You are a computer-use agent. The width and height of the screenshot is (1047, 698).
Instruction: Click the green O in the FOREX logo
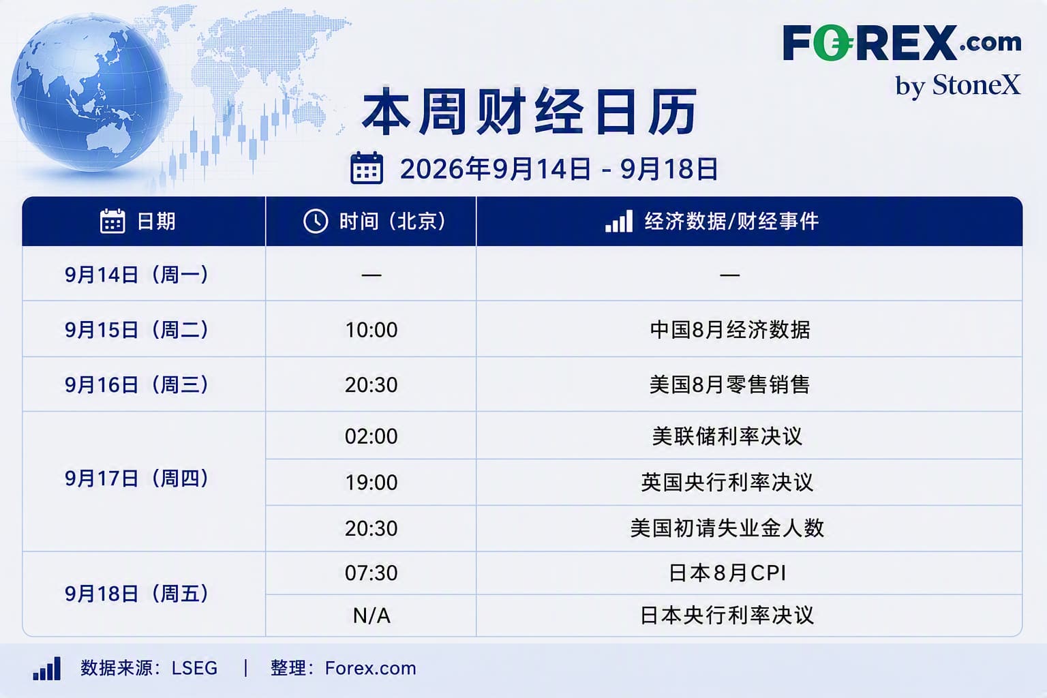[x=832, y=43]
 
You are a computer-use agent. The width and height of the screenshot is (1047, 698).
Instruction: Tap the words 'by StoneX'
[x=958, y=86]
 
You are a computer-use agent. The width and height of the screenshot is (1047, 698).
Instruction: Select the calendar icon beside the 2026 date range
[x=367, y=168]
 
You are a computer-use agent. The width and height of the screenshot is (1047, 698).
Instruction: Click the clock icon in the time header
[x=316, y=221]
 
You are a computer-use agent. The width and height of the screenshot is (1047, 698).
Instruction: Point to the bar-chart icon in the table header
[x=618, y=221]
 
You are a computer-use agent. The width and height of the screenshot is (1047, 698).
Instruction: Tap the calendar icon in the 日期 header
[x=112, y=221]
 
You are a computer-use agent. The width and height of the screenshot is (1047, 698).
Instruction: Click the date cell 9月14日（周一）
[x=136, y=275]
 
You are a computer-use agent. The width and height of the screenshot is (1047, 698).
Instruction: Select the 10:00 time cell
[x=371, y=330]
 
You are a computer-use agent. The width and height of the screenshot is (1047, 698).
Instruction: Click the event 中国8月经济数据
[x=729, y=330]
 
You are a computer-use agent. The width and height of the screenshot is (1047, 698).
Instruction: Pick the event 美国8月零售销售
[x=729, y=384]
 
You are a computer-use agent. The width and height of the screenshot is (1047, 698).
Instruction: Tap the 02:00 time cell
[x=371, y=436]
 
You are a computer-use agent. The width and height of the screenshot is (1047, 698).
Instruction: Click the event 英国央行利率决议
[x=727, y=483]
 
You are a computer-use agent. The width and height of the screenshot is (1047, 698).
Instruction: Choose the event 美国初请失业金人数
[x=727, y=528]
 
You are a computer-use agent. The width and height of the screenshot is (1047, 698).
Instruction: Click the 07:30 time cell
[x=371, y=573]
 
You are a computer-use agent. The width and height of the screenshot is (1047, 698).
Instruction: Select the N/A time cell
[x=371, y=616]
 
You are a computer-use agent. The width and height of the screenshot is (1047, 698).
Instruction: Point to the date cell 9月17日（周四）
[x=136, y=479]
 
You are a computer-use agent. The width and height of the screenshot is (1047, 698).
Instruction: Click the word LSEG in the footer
[x=194, y=668]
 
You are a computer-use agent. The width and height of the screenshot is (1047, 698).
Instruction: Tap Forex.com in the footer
[x=371, y=668]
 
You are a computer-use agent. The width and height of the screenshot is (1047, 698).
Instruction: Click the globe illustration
[x=90, y=92]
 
